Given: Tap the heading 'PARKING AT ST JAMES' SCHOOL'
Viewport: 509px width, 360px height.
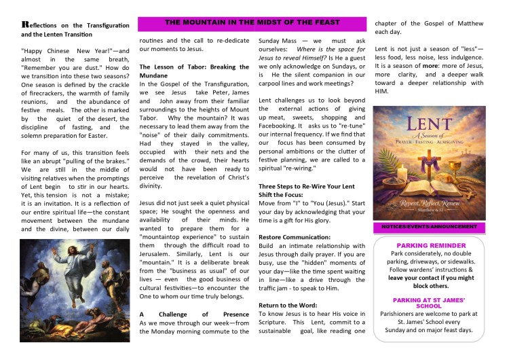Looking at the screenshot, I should (x=430, y=304).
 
